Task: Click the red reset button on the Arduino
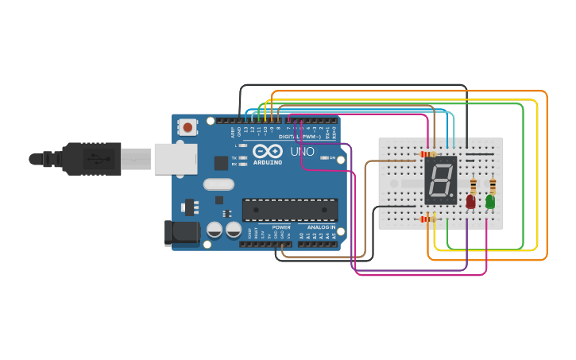pos(187,126)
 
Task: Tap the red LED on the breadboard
pos(470,202)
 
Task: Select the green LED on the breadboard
pos(490,202)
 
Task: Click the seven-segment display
pos(441,180)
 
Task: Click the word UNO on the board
pos(302,151)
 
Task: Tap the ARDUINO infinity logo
pos(267,151)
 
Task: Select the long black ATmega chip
pos(289,210)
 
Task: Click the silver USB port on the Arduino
pos(175,159)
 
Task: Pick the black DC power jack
pos(180,231)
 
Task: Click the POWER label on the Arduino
pos(281,227)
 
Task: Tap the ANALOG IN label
pos(322,227)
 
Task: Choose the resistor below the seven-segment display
pos(427,218)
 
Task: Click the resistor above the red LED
pos(474,187)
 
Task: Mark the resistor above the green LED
pos(493,187)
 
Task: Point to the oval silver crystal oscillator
pos(218,184)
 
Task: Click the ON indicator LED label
pos(332,157)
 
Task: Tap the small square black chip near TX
pos(221,163)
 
